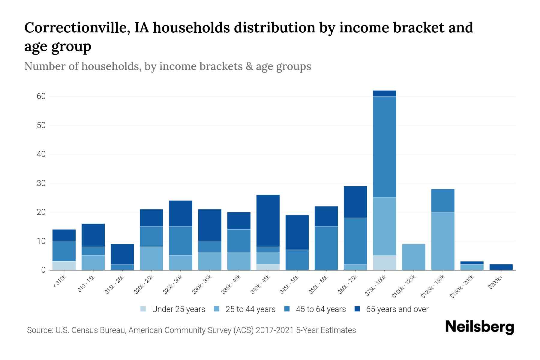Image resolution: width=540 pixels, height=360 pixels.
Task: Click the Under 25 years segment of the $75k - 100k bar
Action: pyautogui.click(x=384, y=262)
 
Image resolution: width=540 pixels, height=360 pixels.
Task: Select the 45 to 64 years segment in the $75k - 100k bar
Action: pyautogui.click(x=384, y=147)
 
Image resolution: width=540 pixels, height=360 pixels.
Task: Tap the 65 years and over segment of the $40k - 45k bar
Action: pyautogui.click(x=268, y=221)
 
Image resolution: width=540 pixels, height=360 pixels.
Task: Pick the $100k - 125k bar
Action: pyautogui.click(x=413, y=257)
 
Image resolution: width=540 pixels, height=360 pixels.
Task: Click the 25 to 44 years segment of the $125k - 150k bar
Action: pyautogui.click(x=442, y=241)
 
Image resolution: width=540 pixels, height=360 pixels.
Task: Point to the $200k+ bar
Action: pyautogui.click(x=501, y=267)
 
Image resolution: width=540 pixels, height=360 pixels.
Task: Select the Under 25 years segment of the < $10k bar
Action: pyautogui.click(x=64, y=265)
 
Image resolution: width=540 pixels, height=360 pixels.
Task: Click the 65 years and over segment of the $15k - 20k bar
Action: pyautogui.click(x=122, y=254)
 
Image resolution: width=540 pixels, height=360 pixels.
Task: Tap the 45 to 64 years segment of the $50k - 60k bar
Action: pyautogui.click(x=326, y=248)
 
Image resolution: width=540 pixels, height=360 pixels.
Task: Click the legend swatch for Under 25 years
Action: pyautogui.click(x=143, y=309)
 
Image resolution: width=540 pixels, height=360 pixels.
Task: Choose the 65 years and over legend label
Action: pyautogui.click(x=397, y=309)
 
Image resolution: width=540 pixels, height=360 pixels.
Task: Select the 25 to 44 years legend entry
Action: pyautogui.click(x=250, y=309)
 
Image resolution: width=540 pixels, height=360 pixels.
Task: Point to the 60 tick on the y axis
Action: pyautogui.click(x=41, y=96)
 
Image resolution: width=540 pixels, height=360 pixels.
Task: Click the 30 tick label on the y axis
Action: pyautogui.click(x=41, y=183)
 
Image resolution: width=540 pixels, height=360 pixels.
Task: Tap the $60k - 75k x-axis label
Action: pyautogui.click(x=348, y=285)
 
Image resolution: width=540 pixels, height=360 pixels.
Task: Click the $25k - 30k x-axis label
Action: pyautogui.click(x=173, y=285)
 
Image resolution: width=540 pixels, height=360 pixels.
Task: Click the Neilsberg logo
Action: pyautogui.click(x=479, y=327)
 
